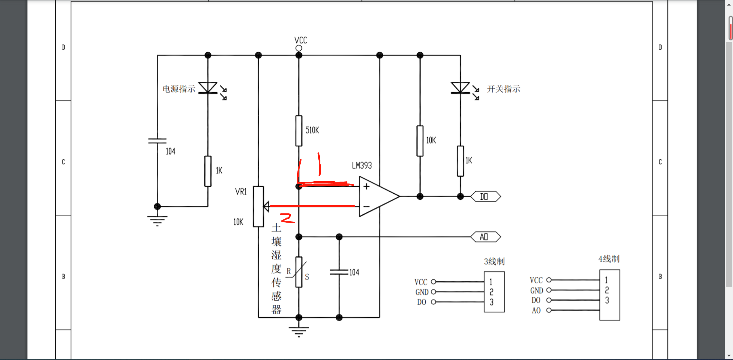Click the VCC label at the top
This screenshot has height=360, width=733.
coord(300,40)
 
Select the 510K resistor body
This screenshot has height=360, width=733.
coord(299,131)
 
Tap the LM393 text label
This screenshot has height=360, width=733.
coord(362,165)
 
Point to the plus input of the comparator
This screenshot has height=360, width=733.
coord(366,186)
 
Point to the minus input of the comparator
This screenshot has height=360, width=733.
coord(366,206)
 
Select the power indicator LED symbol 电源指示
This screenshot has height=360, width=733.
coord(208,88)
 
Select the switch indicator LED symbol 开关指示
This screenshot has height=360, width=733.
coord(460,88)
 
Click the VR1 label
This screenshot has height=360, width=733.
coord(241,191)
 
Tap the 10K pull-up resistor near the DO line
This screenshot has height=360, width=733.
coord(420,141)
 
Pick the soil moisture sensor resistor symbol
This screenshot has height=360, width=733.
coord(299,272)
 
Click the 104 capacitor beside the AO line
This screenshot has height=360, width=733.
coord(339,272)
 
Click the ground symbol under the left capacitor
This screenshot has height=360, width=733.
coord(157,220)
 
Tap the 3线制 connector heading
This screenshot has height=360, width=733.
coord(494,261)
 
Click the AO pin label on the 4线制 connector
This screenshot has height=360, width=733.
coord(536,310)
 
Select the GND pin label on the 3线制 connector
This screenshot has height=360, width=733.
coord(422,292)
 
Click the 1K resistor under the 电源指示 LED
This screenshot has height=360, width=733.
coord(208,171)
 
